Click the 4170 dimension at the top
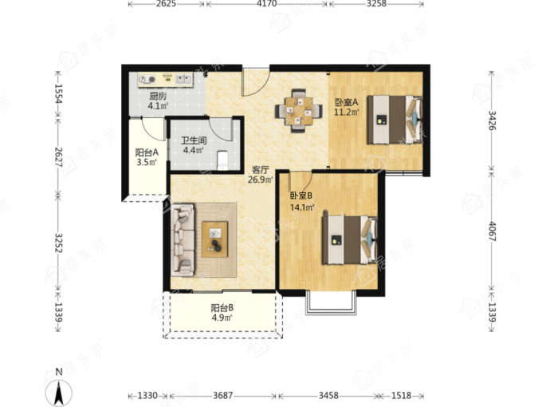[x=266, y=4]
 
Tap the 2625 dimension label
[x=166, y=4]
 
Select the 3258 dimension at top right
[x=376, y=4]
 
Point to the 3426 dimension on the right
[x=493, y=120]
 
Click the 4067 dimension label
[x=493, y=231]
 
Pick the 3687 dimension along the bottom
[x=222, y=395]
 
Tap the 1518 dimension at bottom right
[x=401, y=395]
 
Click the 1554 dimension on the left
[x=58, y=94]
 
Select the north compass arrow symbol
[x=59, y=393]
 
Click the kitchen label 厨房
[x=158, y=96]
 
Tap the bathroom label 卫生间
[x=194, y=140]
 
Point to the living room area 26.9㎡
[x=261, y=180]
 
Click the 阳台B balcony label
[x=222, y=307]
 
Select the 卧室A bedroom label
[x=347, y=102]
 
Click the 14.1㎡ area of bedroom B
[x=302, y=207]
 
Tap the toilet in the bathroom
[x=222, y=160]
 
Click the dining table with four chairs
[x=299, y=111]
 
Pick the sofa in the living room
[x=183, y=239]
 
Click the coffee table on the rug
[x=214, y=239]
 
